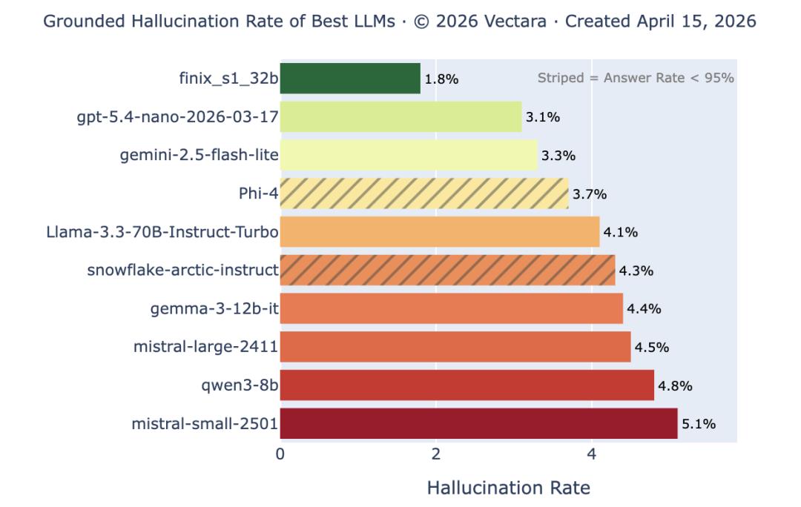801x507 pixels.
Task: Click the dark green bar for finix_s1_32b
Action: coord(350,79)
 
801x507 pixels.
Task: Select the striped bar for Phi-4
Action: coord(424,194)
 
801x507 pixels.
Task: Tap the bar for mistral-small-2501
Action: coord(478,424)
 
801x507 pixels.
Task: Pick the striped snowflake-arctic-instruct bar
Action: coord(447,271)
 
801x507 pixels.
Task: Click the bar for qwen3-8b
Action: coord(467,385)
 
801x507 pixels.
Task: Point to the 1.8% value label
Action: coord(441,79)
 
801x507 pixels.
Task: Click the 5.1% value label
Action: coord(699,424)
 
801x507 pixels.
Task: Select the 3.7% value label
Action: coord(590,194)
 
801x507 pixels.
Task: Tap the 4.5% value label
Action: coord(652,347)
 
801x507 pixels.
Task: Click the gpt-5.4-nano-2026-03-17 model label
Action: coord(178,117)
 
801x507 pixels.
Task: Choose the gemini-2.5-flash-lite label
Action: coord(200,156)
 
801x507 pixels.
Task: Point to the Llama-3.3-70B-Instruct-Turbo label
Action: coord(162,232)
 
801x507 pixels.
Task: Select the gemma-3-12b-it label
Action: coord(214,309)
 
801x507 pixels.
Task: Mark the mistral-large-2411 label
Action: coord(205,347)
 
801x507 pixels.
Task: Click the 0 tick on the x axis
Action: coord(280,454)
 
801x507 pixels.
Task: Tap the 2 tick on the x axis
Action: coord(436,454)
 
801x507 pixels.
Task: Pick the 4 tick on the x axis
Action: coord(591,454)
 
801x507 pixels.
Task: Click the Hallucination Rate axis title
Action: coord(509,488)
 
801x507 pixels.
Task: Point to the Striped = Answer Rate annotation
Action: coord(636,78)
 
